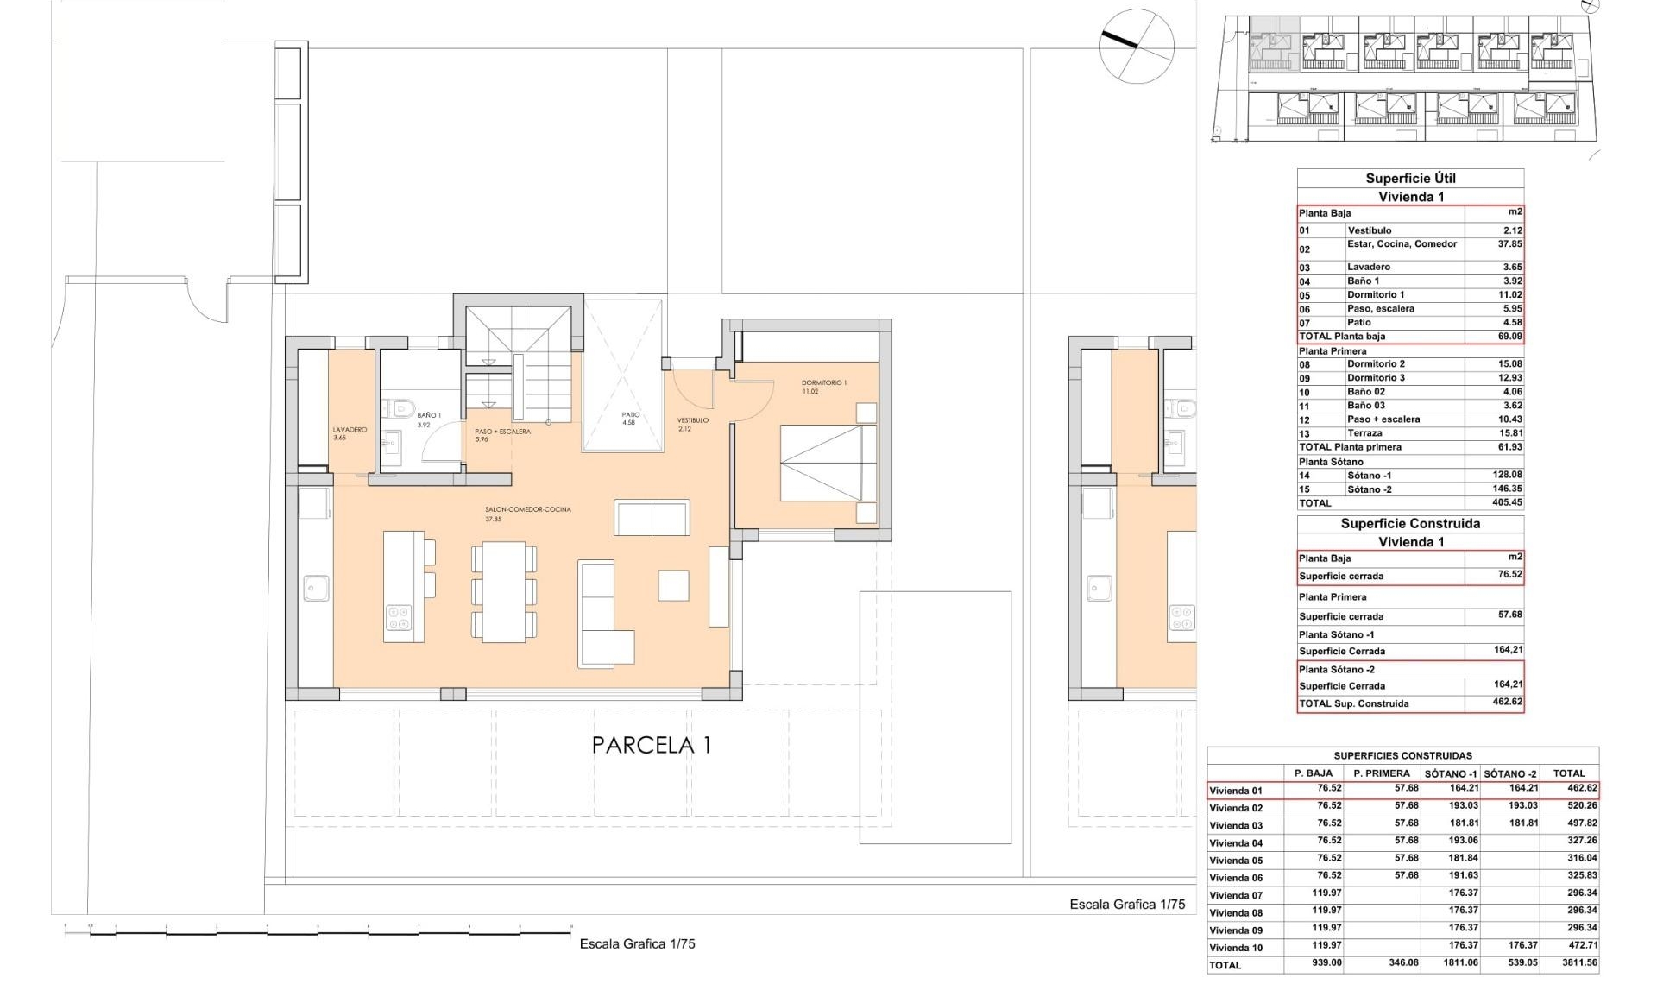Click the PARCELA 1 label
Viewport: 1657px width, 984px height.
652,746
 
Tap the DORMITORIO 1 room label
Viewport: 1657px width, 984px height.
823,382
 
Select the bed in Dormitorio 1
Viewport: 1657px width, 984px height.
828,463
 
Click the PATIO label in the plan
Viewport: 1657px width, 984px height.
631,415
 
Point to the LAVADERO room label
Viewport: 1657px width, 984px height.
350,430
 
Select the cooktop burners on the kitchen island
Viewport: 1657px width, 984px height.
399,618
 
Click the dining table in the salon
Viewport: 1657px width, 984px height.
504,592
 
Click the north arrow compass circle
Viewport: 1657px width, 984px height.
1137,46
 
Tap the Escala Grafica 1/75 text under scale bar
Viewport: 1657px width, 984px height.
637,944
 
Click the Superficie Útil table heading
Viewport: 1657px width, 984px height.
1410,179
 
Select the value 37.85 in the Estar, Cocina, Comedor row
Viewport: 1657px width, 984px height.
1509,244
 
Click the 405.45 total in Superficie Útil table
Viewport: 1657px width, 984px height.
1507,502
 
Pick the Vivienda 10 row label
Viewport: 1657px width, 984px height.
1236,948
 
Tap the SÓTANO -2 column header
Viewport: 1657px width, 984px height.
1510,773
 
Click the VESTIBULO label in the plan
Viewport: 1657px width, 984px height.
692,420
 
